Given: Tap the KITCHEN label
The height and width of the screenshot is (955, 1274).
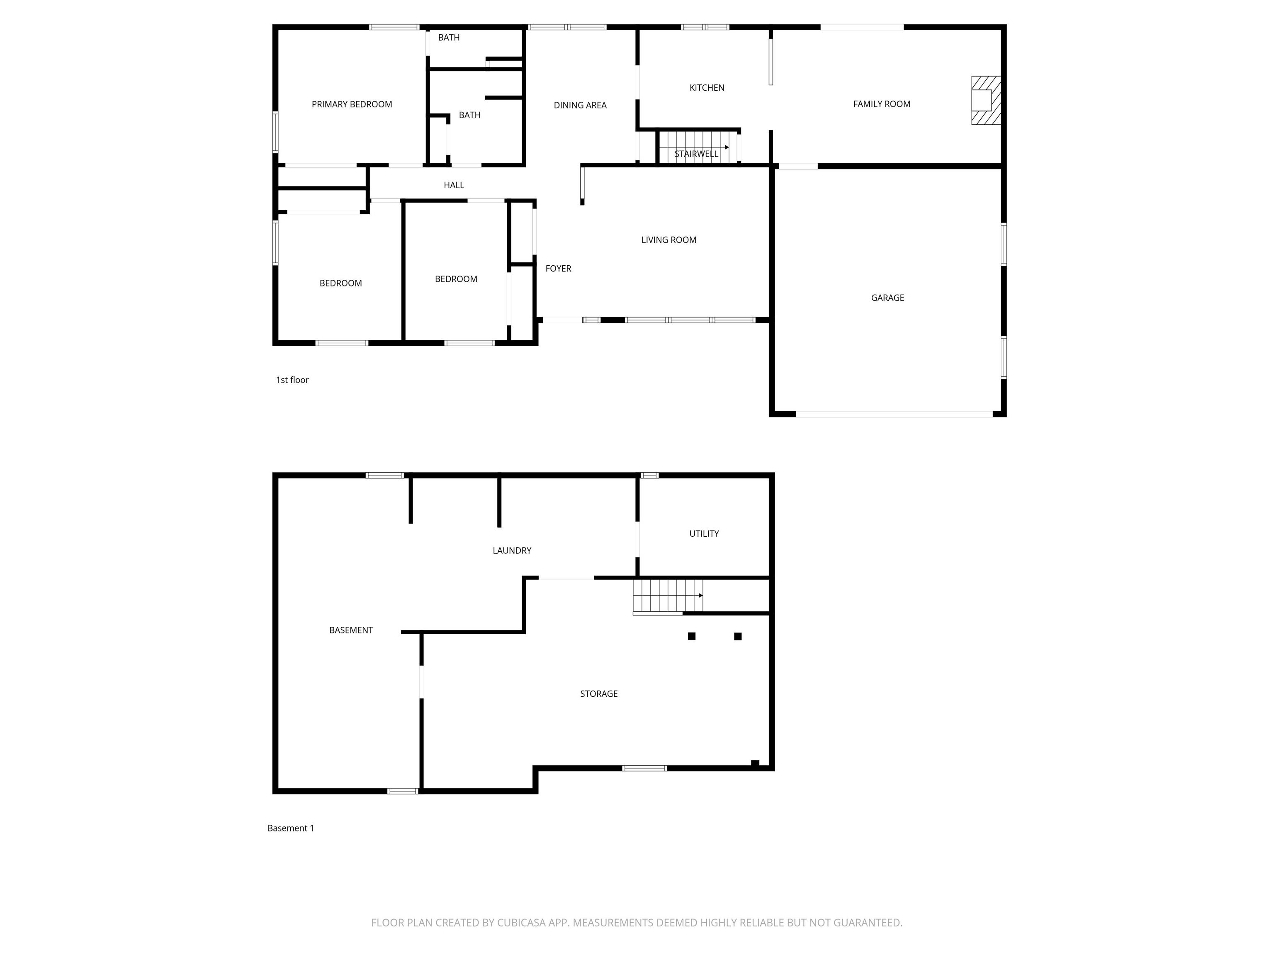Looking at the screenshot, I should [707, 87].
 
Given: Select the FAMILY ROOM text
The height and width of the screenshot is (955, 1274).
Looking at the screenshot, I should [881, 104].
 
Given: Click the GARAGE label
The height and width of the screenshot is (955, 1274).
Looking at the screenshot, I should [887, 298].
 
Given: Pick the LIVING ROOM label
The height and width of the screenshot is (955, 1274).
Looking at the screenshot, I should [669, 240].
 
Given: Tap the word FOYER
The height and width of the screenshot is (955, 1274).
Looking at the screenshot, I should [558, 268].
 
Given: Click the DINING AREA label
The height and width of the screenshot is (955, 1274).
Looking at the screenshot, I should [580, 105].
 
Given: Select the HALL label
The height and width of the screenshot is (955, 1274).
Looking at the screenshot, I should [454, 185].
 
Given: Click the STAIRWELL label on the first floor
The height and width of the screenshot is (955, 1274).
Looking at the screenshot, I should [696, 154].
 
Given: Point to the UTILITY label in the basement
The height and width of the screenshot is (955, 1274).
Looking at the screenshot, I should [704, 533].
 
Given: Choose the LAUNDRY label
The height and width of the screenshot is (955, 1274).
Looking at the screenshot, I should [511, 550].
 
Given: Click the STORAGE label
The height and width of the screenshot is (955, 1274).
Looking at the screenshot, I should [598, 693].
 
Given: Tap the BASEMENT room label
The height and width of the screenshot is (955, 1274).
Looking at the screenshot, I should [351, 630].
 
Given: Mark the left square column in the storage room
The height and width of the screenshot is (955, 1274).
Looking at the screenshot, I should [692, 636].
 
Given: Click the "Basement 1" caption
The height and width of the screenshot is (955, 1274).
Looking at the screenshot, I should [290, 828].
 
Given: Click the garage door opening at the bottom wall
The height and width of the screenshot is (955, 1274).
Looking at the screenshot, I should [894, 414].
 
